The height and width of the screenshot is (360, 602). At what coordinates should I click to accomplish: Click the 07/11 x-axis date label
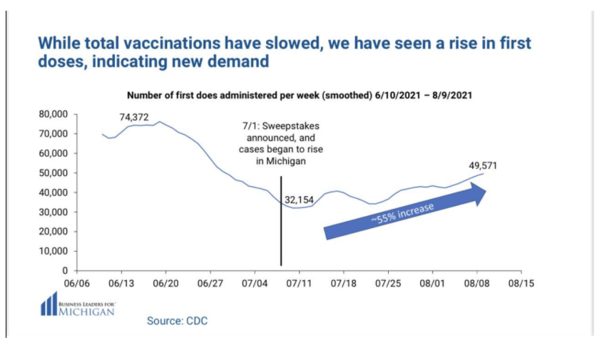pos(299,283)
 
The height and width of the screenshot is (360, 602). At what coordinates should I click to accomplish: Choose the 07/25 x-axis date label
pos(388,283)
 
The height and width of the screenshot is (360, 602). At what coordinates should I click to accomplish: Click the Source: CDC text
pos(177,321)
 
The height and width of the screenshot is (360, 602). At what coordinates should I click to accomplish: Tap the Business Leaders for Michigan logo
pos(78,304)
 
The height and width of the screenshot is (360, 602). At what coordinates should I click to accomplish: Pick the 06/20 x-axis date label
pos(165,283)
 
